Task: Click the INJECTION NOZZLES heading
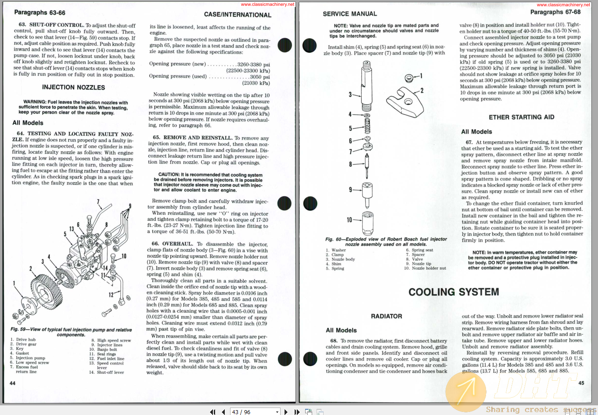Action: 73,87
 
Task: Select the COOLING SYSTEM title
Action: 454,292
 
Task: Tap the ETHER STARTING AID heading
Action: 521,117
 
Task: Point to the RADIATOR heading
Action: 386,316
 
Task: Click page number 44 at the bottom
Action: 12,383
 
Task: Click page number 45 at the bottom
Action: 581,383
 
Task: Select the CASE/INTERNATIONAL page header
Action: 238,15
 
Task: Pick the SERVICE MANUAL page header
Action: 349,14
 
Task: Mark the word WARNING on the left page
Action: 35,102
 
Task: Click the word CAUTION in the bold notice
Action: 169,174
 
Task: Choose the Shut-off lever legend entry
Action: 110,372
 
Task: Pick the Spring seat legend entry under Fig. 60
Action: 422,250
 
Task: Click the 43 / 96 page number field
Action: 255,411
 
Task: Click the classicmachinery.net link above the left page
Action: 267,4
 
